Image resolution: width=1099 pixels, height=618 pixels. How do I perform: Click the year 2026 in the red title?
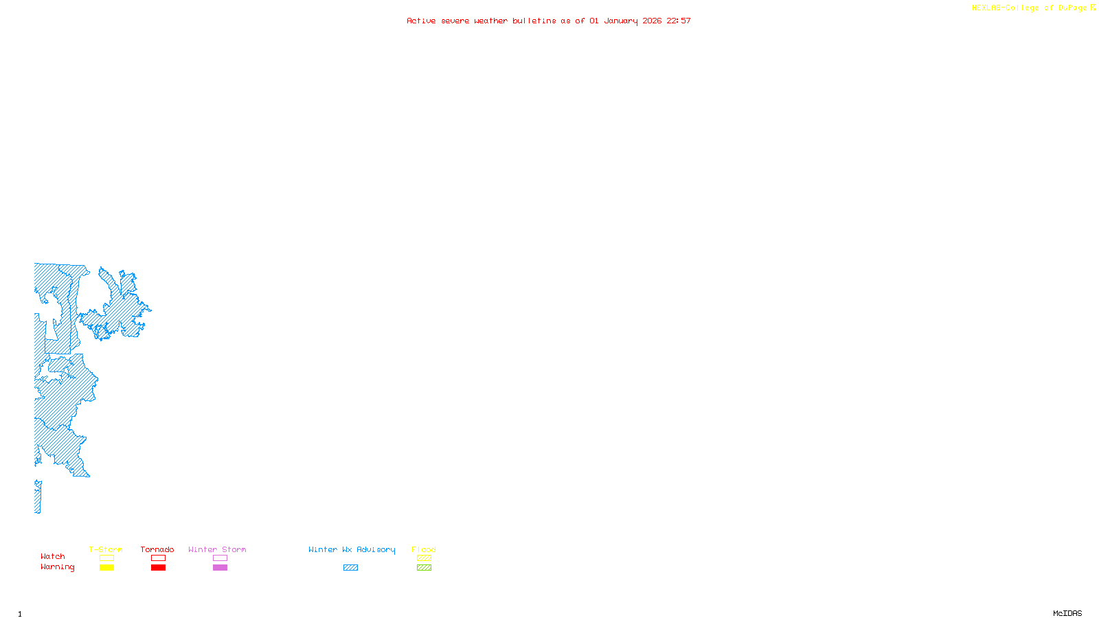(x=652, y=21)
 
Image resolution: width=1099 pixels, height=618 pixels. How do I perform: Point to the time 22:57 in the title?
(x=679, y=21)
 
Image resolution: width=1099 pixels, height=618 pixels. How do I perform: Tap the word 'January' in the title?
(x=620, y=21)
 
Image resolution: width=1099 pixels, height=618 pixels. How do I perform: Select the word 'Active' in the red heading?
(x=421, y=21)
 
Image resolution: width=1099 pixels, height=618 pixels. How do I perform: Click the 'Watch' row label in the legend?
(x=53, y=556)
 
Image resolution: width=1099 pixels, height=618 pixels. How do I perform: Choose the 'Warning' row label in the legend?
(x=57, y=567)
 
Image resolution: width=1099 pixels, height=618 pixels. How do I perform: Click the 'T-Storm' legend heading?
(x=106, y=549)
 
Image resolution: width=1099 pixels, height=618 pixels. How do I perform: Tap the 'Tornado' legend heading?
(x=157, y=549)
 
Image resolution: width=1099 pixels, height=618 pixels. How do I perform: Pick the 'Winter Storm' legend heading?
(x=217, y=549)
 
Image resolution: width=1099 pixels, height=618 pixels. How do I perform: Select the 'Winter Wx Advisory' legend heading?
(x=352, y=549)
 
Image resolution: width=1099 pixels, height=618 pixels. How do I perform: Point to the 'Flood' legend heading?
(x=424, y=549)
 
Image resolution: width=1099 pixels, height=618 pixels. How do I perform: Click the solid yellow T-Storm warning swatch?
(x=106, y=568)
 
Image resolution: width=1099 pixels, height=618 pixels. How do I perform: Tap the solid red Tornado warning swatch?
(x=158, y=568)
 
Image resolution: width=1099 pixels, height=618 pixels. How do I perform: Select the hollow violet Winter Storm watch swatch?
(x=220, y=558)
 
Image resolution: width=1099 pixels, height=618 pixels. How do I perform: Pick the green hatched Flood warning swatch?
(x=424, y=568)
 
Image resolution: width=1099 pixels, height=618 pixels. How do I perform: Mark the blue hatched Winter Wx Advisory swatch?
(x=350, y=568)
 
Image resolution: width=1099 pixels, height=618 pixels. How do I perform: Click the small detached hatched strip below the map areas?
(x=38, y=496)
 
